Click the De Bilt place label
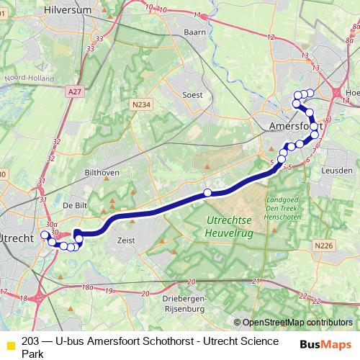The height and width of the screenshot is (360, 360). click(75, 205)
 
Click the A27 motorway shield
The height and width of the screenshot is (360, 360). click(73, 92)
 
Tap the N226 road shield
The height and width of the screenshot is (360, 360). click(324, 246)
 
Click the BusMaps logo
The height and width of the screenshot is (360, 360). click(325, 343)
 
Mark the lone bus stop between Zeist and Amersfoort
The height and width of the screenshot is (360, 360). click(207, 192)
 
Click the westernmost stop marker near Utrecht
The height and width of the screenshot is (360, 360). click(45, 235)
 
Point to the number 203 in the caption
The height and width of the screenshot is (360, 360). click(31, 341)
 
